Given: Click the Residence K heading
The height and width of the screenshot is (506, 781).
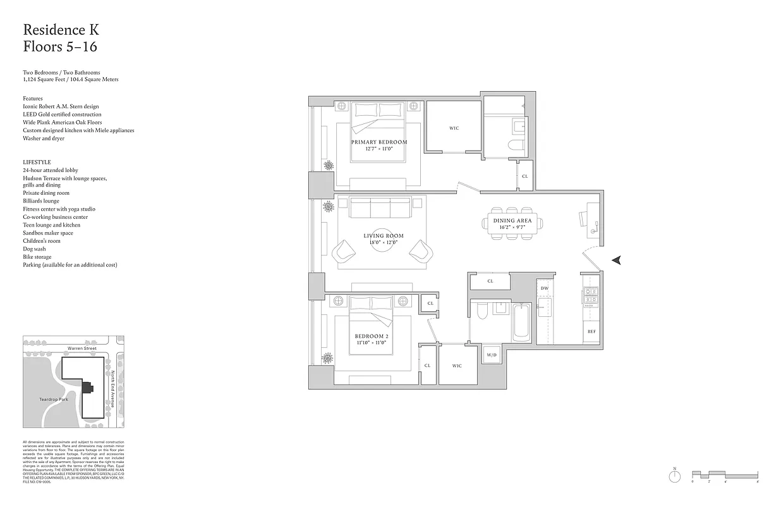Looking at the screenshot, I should click(61, 30).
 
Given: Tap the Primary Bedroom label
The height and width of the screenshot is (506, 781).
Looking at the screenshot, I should click(379, 142).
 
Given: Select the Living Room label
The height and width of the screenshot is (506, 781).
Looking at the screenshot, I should click(384, 236).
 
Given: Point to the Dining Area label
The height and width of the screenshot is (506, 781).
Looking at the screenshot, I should click(512, 221).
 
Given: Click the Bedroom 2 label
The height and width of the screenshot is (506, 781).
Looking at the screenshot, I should click(370, 335).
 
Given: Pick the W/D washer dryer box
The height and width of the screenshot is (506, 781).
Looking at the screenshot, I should click(491, 355).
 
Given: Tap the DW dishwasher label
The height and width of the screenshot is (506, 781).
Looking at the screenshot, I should click(545, 288).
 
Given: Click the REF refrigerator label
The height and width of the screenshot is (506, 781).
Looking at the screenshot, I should click(591, 331).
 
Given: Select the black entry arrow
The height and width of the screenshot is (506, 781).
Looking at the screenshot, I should click(617, 259).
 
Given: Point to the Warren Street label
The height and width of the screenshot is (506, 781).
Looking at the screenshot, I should click(82, 349).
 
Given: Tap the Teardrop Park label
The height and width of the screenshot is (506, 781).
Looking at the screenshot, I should click(53, 400).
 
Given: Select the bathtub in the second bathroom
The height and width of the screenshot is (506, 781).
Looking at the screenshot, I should click(522, 323).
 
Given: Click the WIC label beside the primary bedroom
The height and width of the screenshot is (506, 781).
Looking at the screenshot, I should click(454, 128).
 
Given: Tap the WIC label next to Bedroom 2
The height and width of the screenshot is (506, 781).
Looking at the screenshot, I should click(457, 366).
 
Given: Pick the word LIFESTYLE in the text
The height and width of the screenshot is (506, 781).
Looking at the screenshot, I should click(37, 163).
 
